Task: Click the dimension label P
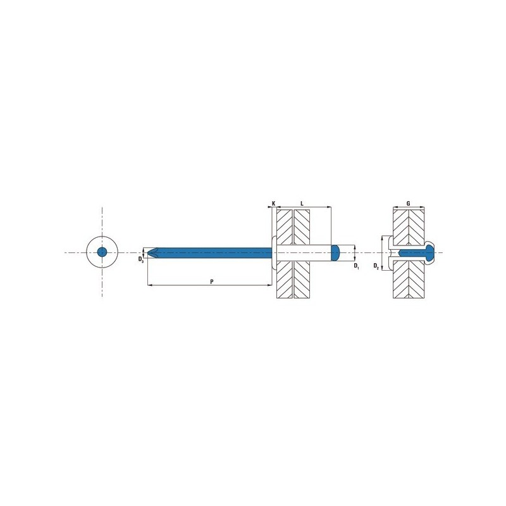pyautogui.click(x=212, y=281)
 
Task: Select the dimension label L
pyautogui.click(x=302, y=204)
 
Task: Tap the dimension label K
pyautogui.click(x=274, y=204)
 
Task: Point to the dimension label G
pyautogui.click(x=408, y=204)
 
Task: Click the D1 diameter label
pyautogui.click(x=356, y=266)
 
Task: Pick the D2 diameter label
pyautogui.click(x=376, y=266)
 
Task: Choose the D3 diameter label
pyautogui.click(x=140, y=259)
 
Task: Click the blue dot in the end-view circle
pyautogui.click(x=102, y=252)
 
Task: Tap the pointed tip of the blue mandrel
pyautogui.click(x=148, y=252)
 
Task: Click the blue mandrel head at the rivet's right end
pyautogui.click(x=336, y=252)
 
